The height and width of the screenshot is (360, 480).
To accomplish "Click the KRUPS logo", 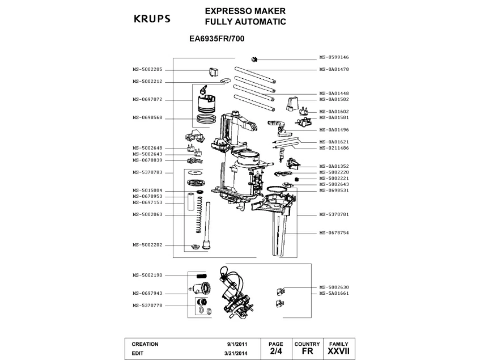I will click(x=151, y=19).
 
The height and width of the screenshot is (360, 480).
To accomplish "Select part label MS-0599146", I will click(x=334, y=57).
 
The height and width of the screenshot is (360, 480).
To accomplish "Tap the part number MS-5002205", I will click(x=147, y=69).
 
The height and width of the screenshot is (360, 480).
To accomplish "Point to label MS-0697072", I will click(x=147, y=99).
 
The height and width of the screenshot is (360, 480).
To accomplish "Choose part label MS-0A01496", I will click(x=334, y=129).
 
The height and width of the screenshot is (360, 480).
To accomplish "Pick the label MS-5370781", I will click(x=334, y=215).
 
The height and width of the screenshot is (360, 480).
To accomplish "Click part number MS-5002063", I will click(x=147, y=214).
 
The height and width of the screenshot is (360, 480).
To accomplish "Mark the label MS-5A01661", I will click(x=334, y=293).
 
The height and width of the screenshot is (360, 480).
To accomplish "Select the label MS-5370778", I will click(x=147, y=305).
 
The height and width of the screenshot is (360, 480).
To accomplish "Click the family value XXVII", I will click(x=338, y=352).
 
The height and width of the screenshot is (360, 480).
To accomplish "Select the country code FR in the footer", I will click(x=307, y=352).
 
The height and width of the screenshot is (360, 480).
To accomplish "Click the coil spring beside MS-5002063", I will click(x=197, y=215).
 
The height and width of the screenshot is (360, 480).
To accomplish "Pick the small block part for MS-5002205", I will click(x=214, y=71).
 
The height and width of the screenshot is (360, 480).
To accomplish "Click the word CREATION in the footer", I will click(x=145, y=344).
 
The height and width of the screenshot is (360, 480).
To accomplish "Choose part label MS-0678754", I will click(x=334, y=233).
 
